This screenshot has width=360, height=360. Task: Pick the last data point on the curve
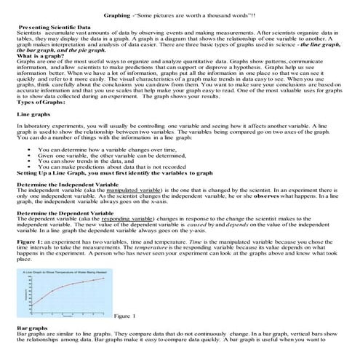(x=104, y=279)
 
